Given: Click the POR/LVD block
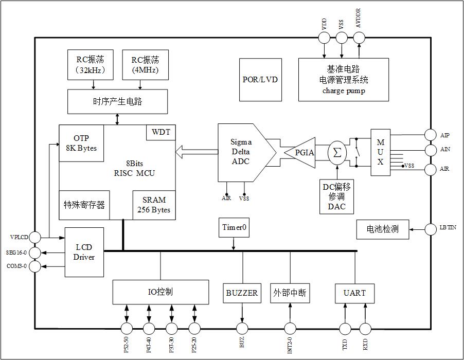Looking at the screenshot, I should [260, 79].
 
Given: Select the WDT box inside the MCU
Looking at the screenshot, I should [161, 132].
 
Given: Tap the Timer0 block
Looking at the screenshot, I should [234, 227].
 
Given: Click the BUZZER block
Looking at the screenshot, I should [242, 293].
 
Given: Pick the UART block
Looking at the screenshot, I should [354, 293].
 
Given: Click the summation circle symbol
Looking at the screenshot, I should [337, 153].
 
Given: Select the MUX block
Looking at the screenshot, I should [381, 152].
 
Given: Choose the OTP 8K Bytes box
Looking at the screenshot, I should [81, 143].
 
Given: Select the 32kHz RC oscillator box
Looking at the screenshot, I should [90, 64].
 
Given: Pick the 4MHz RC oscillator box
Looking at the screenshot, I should [145, 64].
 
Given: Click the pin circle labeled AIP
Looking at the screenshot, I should [430, 135].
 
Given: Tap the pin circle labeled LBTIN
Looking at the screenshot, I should [430, 229].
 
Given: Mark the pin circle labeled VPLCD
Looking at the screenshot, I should [35, 237].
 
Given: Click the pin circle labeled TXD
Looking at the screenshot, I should [344, 329].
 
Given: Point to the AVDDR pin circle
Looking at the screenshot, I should [359, 38].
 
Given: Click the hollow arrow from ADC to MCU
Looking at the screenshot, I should [197, 152].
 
